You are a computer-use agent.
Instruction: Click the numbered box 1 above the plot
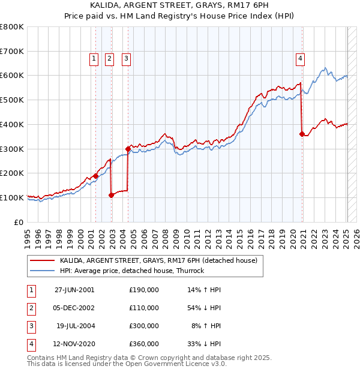[x=95, y=58]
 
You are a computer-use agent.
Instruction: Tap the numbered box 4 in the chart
[x=299, y=58]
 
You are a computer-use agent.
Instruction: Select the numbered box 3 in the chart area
[x=127, y=58]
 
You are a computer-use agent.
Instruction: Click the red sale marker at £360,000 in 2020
[x=302, y=133]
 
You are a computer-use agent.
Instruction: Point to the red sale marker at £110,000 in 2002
[x=112, y=194]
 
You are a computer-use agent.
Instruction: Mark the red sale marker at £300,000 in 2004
[x=128, y=148]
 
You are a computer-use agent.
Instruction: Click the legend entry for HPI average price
[x=132, y=271]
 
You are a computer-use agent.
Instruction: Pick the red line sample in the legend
[x=42, y=260]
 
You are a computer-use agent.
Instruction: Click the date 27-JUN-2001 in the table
[x=74, y=290]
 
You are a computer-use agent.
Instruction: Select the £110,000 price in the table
[x=144, y=308]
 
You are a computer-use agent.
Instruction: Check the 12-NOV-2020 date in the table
[x=74, y=344]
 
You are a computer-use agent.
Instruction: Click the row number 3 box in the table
[x=30, y=326]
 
